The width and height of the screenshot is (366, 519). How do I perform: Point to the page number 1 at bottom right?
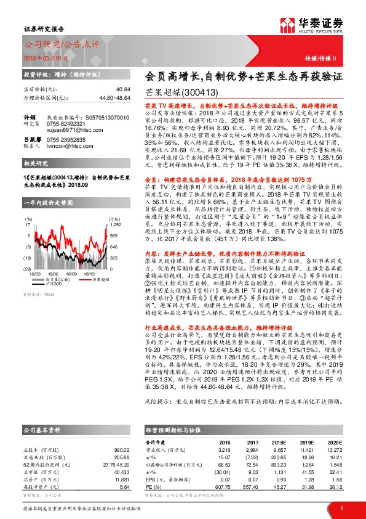tap(341, 508)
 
